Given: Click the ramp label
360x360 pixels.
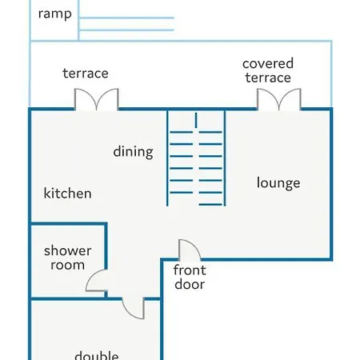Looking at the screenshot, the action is (x=55, y=14).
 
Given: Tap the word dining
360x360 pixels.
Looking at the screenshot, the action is (x=134, y=152).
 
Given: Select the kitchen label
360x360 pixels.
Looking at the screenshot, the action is (x=67, y=193).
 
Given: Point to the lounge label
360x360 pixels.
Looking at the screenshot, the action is (x=278, y=183).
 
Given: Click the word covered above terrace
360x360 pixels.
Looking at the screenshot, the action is (x=268, y=63).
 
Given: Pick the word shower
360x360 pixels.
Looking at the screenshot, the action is (x=68, y=250).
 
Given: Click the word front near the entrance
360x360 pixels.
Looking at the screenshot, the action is (x=190, y=270).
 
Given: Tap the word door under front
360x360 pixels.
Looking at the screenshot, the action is (x=190, y=284).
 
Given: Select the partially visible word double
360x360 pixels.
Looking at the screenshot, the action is (x=97, y=355).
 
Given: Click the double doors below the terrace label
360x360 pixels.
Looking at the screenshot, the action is (x=96, y=99).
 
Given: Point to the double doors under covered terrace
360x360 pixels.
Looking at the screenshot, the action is (x=279, y=99).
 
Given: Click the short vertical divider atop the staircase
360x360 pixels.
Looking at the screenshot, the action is (x=196, y=120).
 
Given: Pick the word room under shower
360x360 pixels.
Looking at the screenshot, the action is (x=68, y=265).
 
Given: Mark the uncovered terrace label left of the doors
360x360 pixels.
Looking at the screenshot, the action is (x=86, y=74).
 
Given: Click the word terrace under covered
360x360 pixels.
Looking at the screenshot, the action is (x=268, y=78).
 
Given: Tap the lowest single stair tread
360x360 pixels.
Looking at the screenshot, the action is (x=210, y=205).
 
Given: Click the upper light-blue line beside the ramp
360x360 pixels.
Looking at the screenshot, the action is (x=126, y=18).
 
